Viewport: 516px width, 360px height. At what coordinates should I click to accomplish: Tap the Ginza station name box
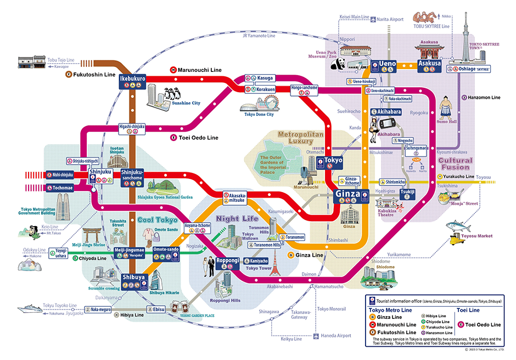pos(348,194)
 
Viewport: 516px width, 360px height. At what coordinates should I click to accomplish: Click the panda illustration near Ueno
pos(338,65)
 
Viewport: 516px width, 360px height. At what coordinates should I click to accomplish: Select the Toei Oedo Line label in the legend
pos(483,325)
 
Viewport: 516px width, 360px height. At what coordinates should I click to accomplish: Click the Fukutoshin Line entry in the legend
pos(391,332)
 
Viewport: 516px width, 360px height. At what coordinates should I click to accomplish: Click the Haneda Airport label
pos(336,335)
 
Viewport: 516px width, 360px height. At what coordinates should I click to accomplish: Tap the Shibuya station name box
pos(134,278)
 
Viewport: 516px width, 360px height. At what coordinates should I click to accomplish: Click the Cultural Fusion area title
pos(455,164)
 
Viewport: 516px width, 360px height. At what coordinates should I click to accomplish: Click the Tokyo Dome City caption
pos(259,114)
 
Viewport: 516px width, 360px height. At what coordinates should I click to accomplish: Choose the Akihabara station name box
pos(389,111)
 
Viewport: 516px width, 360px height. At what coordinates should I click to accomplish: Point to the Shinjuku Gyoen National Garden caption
pos(165,196)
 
